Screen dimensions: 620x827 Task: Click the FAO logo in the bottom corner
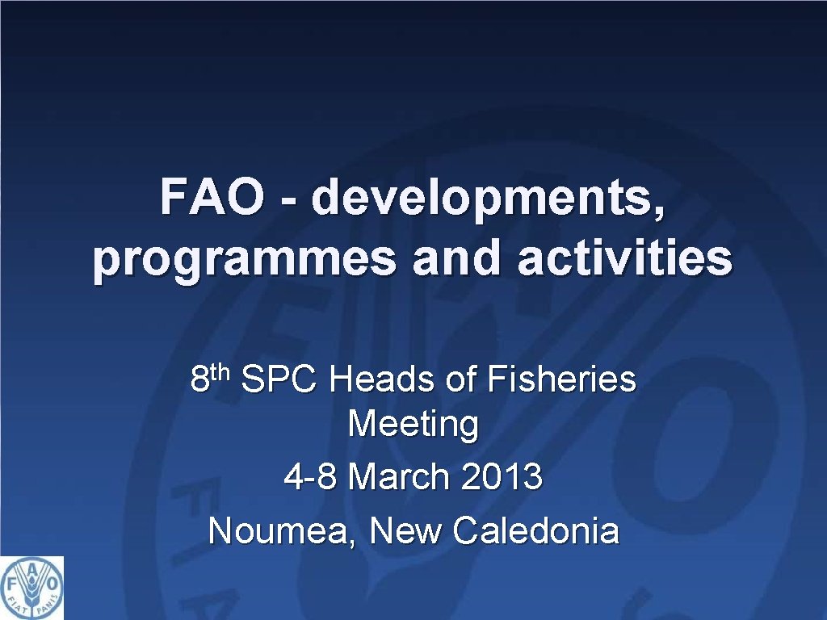(x=31, y=588)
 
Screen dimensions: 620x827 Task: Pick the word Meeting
(x=413, y=423)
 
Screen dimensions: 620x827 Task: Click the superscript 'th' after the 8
(x=221, y=371)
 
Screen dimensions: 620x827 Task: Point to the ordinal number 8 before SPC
(x=199, y=379)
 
